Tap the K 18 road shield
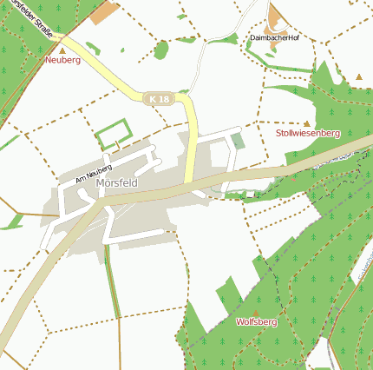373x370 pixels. click(159, 99)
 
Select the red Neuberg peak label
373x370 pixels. click(62, 61)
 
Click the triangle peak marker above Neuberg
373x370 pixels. click(62, 50)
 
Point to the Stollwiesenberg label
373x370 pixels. click(308, 134)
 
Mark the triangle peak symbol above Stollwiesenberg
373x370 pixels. click(306, 123)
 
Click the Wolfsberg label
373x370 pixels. click(256, 321)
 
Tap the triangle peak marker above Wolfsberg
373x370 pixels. click(255, 311)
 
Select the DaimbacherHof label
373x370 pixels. click(274, 38)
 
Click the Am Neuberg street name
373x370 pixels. click(94, 171)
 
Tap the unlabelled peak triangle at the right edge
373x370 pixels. click(359, 76)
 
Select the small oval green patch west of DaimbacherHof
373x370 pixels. click(160, 50)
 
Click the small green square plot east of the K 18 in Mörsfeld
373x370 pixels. click(237, 140)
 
